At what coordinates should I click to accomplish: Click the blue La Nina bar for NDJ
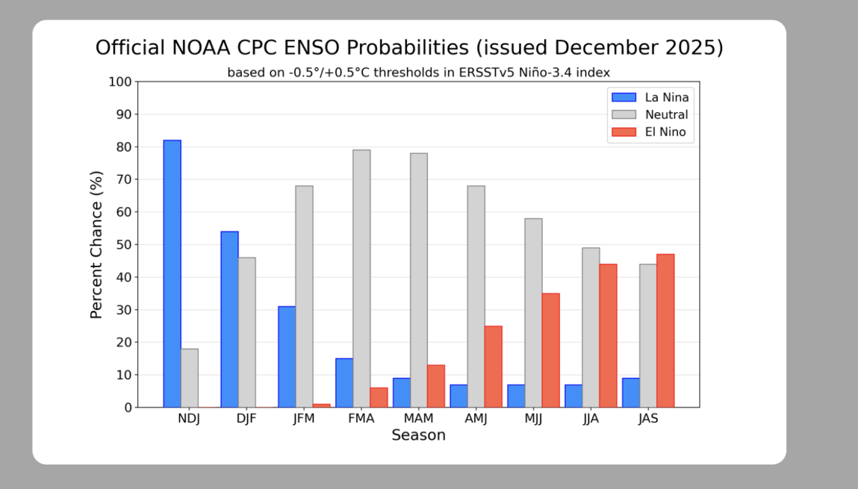[x=172, y=274]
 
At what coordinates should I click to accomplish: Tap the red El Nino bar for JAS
[x=666, y=331]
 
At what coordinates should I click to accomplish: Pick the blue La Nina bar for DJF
[x=229, y=319]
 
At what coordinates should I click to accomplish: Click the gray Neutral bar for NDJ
[x=189, y=378]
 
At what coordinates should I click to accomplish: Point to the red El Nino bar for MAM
[x=436, y=386]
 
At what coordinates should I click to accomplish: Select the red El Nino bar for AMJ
[x=493, y=367]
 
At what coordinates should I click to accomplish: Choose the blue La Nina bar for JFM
[x=287, y=357]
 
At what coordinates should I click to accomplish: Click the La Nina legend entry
[x=666, y=97]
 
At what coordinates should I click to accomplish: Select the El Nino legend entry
[x=666, y=132]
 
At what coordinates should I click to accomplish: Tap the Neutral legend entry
[x=666, y=114]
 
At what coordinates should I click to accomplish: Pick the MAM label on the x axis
[x=418, y=419]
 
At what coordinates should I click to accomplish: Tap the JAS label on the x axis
[x=648, y=419]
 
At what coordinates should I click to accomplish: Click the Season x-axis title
[x=418, y=435]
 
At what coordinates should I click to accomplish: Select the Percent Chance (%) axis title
[x=97, y=244]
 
